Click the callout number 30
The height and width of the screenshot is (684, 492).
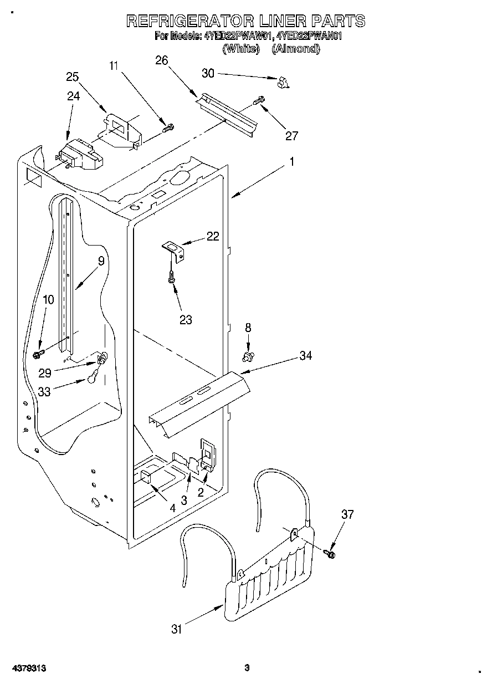(207, 73)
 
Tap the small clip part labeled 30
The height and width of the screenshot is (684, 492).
(284, 83)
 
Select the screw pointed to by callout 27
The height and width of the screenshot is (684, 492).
(259, 101)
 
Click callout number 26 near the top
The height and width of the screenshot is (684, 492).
(162, 60)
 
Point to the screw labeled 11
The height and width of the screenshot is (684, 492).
(167, 128)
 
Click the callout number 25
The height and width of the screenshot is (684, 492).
(73, 76)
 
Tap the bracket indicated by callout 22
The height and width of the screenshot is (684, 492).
(174, 249)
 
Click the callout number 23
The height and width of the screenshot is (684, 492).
(186, 319)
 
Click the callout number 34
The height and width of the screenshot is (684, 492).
(306, 355)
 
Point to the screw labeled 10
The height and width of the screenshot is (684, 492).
(39, 352)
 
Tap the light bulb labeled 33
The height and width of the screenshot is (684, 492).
(91, 379)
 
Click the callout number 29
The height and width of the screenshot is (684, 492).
(45, 373)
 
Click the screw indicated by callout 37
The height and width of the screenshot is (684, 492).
(331, 552)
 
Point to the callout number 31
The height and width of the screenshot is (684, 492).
(176, 629)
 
